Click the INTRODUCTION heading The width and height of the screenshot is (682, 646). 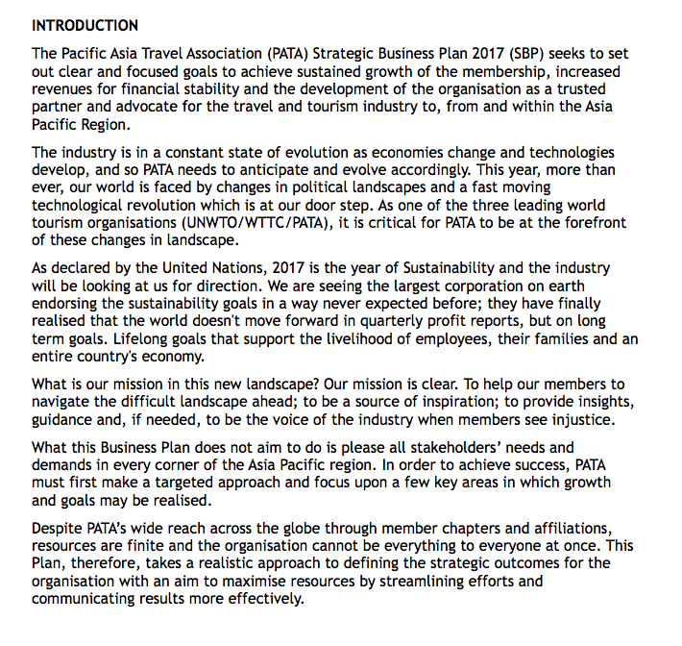tap(85, 25)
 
